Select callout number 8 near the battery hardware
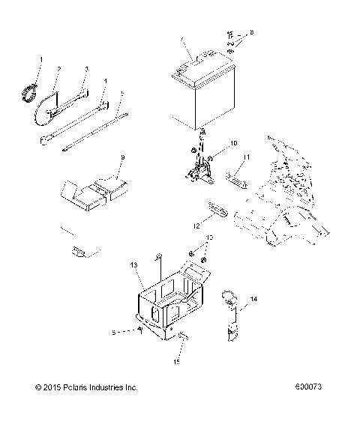[252, 33]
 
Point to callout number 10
[212, 142]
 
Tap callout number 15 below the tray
[178, 363]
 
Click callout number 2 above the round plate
[58, 69]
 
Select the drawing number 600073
[310, 409]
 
